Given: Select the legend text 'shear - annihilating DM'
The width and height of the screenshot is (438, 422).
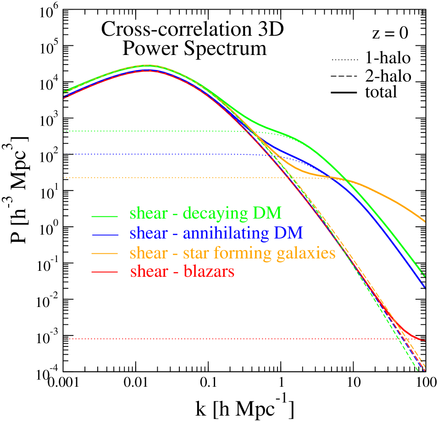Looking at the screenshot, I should click(216, 233).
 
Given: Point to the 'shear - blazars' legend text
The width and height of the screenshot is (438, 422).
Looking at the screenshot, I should click(182, 272).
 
